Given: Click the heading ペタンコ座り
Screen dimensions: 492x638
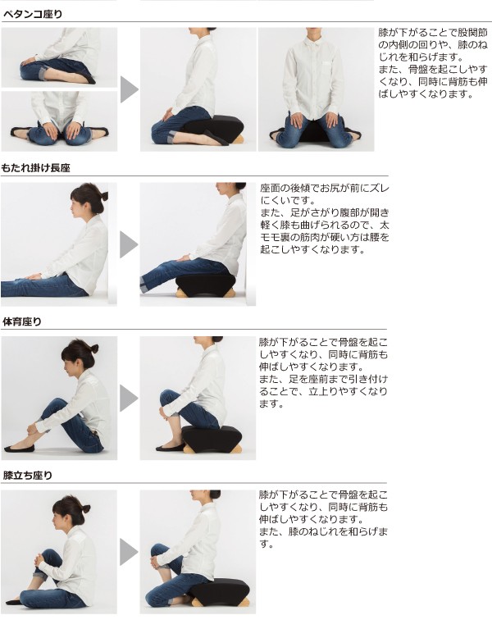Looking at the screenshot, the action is pyautogui.click(x=33, y=14).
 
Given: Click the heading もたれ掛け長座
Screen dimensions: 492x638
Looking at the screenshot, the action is pyautogui.click(x=36, y=167).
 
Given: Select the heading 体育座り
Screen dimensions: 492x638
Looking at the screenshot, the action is pyautogui.click(x=22, y=321).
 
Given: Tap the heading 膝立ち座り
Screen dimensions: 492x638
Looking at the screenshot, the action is pyautogui.click(x=27, y=476).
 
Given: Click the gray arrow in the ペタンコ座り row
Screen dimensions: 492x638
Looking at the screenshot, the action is pyautogui.click(x=129, y=89).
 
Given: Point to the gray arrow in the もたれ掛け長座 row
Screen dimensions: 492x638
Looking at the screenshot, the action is pyautogui.click(x=129, y=244).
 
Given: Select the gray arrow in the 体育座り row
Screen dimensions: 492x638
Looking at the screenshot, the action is pyautogui.click(x=129, y=398).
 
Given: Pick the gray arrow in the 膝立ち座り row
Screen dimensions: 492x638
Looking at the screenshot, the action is pyautogui.click(x=129, y=552).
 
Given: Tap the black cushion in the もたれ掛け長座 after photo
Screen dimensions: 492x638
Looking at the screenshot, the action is pyautogui.click(x=206, y=283).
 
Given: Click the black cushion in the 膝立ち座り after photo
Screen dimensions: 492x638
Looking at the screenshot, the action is pyautogui.click(x=221, y=590).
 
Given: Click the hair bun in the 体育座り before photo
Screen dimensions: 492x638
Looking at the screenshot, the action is pyautogui.click(x=94, y=349).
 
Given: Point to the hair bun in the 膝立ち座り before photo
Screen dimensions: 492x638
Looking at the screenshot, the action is pyautogui.click(x=86, y=508).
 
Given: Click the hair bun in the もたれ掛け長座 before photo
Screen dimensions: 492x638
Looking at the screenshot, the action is pyautogui.click(x=104, y=196).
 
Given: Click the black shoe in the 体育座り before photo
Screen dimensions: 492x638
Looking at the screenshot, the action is pyautogui.click(x=19, y=449).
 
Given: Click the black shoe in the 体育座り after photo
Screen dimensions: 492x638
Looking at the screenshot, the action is pyautogui.click(x=171, y=448).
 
